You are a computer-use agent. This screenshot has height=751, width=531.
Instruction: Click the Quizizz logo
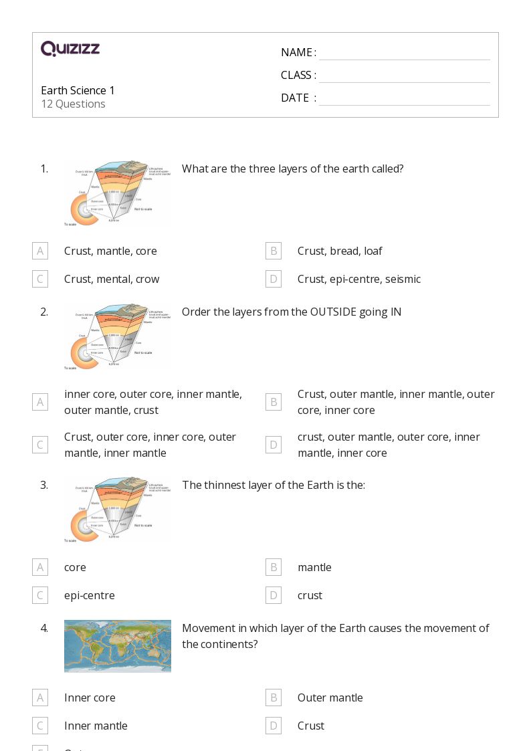[x=70, y=49]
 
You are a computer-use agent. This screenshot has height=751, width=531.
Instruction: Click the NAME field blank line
[x=404, y=53]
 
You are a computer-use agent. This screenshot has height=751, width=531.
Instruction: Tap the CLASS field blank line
[x=404, y=76]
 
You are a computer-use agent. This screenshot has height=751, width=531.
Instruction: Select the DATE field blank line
[x=404, y=98]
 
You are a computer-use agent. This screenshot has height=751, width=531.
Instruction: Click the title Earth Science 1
[x=78, y=90]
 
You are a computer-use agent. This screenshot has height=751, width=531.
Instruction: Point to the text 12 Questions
[x=73, y=104]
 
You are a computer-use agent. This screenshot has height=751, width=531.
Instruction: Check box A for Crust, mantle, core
[x=40, y=251]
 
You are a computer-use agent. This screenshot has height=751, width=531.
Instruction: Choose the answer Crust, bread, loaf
[x=340, y=251]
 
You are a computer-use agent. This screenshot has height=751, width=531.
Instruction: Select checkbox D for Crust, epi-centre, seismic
[x=274, y=279]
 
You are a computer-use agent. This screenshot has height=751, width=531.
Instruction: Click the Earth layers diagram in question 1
[x=117, y=194]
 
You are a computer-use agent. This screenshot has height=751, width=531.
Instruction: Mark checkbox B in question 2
[x=274, y=402]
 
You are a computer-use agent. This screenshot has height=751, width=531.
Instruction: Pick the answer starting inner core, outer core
[x=153, y=402]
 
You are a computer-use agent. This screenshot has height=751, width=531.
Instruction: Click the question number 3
[x=44, y=485]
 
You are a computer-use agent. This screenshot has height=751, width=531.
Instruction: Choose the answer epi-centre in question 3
[x=90, y=595]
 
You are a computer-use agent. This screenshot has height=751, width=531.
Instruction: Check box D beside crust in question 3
[x=274, y=595]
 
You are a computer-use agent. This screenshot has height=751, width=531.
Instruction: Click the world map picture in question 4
[x=117, y=646]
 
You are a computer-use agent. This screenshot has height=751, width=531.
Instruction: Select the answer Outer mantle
[x=330, y=698]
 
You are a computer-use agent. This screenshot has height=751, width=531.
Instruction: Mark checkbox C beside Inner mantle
[x=40, y=726]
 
